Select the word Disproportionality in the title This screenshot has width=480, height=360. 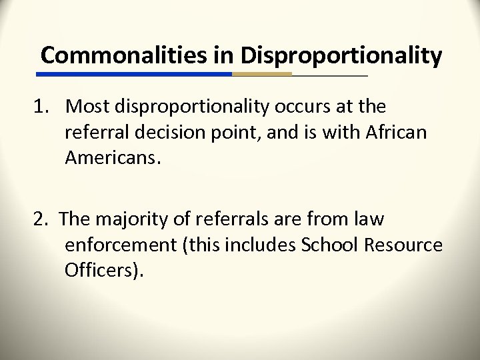point(341,56)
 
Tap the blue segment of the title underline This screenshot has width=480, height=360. point(136,74)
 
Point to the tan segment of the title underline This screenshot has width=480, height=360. point(262,74)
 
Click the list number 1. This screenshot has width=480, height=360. point(40,107)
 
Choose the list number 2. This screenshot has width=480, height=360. point(40,219)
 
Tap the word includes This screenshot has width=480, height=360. point(263,245)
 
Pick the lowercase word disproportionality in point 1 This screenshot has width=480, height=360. point(193,107)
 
